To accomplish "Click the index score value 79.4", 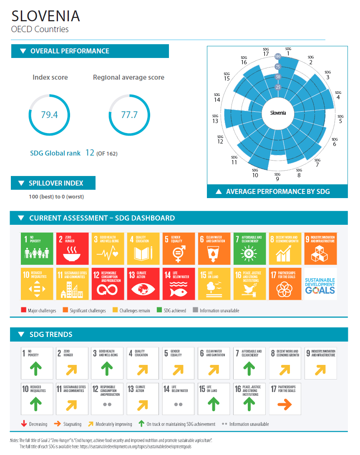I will pos(49,115).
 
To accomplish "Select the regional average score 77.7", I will pos(129,115).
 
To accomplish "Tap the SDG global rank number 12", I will pos(90,153).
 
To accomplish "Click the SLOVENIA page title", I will pos(45,16).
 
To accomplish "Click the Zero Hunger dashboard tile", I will pos(72,249).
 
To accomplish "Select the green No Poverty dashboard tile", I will pos(37,249).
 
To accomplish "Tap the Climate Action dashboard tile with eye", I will pos(143,284).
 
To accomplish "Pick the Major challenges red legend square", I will pos(23,310).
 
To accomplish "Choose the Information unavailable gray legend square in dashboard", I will pos(195,310).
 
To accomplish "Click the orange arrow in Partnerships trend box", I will pos(284,404).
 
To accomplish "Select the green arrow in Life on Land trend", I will pos(214,404).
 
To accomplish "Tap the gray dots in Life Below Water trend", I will pos(178,405).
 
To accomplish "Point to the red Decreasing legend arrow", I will pos(24,424).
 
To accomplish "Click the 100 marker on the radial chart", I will pos(278,56).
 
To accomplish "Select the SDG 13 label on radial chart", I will pos(215,119).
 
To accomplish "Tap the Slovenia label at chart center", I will pos(278,113).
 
